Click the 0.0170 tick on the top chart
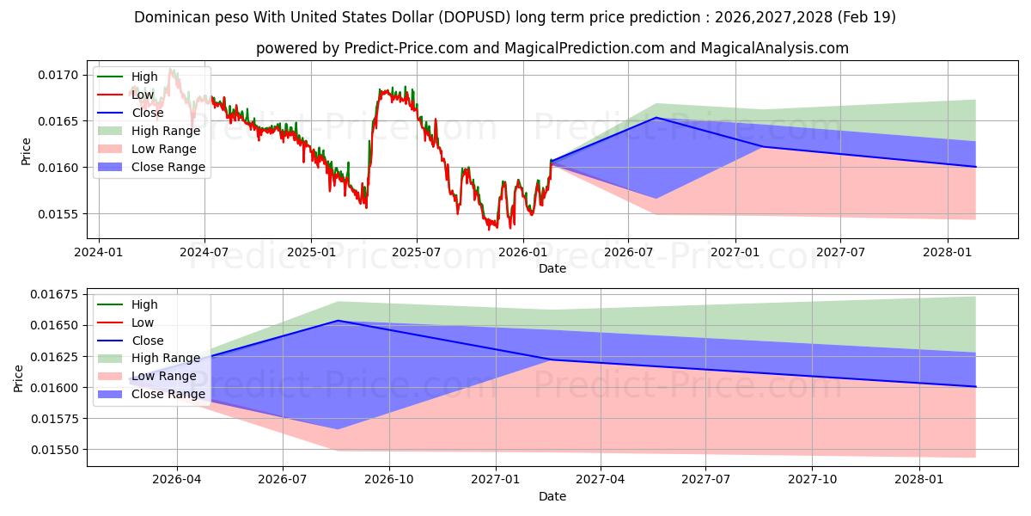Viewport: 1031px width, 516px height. (x=58, y=75)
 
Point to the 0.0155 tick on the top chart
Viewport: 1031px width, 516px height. (x=58, y=214)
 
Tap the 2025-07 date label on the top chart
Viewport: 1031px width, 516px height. (x=417, y=253)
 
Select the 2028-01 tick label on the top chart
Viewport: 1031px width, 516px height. (x=947, y=253)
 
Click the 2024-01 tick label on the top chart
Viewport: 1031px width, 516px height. (x=99, y=253)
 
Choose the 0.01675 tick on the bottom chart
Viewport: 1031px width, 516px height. (x=54, y=294)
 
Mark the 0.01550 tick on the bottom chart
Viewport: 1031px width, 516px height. (x=54, y=450)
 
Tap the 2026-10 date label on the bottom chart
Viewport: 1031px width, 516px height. (x=389, y=480)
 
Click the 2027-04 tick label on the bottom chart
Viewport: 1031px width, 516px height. (x=601, y=480)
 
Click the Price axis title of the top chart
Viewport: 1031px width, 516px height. (x=26, y=151)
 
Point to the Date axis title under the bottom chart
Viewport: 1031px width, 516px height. (x=552, y=496)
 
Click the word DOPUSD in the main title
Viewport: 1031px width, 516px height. (x=474, y=17)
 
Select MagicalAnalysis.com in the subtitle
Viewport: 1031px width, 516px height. (x=775, y=48)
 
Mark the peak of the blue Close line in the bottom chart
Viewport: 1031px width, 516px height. (x=338, y=320)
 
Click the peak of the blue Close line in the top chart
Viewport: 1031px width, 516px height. (x=656, y=118)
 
